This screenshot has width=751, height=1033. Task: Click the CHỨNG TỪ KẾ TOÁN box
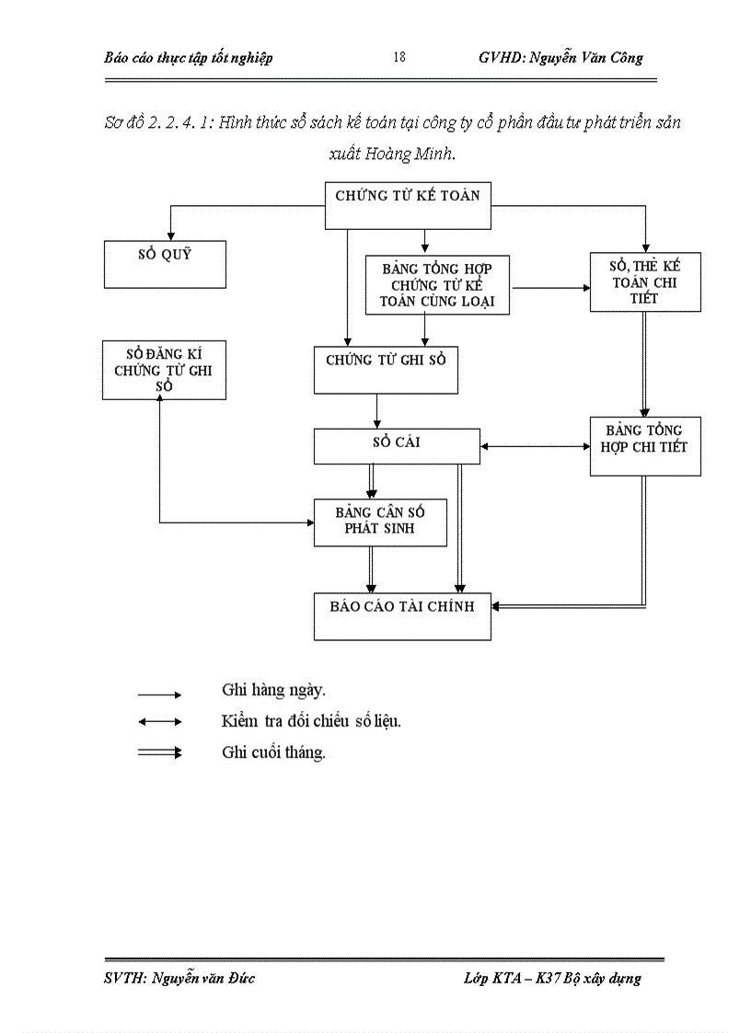[408, 204]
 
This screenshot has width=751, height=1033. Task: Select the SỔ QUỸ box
[165, 264]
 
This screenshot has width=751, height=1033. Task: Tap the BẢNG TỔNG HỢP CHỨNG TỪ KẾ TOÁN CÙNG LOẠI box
[437, 284]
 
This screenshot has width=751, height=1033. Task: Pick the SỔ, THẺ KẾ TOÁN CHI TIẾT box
[645, 281]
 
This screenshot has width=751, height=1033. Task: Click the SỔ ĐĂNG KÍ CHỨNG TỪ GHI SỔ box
[164, 370]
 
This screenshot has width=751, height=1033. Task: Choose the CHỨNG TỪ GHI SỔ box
[386, 370]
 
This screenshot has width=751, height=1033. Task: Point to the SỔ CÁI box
[396, 446]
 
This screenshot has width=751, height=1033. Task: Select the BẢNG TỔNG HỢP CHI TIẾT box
[644, 445]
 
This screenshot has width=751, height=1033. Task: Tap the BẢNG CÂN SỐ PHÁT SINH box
[380, 522]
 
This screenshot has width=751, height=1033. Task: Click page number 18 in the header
[399, 58]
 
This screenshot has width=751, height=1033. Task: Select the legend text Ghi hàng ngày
[273, 689]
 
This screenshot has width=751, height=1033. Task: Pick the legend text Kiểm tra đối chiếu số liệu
[311, 721]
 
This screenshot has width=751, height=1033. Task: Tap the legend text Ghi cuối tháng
[273, 752]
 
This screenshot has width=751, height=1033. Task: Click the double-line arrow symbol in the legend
[160, 753]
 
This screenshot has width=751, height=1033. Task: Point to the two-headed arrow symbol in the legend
[160, 722]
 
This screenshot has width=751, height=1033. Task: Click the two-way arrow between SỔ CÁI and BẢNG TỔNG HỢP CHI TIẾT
[535, 447]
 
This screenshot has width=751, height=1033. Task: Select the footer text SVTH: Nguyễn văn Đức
[179, 978]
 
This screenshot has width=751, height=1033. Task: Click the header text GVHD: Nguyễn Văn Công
[560, 58]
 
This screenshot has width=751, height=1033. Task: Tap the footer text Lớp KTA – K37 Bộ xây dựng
[552, 978]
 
